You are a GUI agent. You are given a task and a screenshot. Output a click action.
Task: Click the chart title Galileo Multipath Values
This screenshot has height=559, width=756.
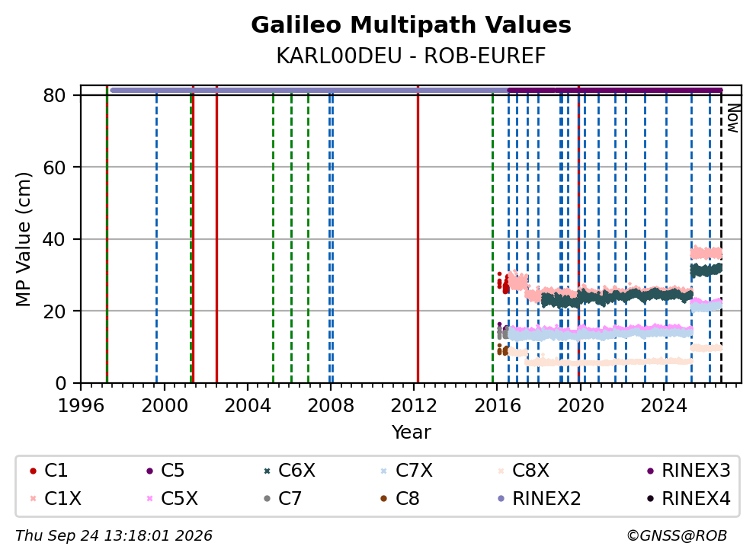[411, 25]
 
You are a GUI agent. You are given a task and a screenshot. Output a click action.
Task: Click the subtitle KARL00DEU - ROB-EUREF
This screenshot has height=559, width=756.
[411, 56]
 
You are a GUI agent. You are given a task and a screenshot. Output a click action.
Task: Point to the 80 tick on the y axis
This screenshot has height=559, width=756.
[54, 95]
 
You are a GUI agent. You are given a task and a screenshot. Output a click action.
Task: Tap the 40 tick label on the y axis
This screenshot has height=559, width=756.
[54, 239]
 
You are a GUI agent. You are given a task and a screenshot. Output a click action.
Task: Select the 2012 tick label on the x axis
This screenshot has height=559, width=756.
[414, 406]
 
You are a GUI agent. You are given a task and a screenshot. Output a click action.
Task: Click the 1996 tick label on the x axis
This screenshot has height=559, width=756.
[81, 406]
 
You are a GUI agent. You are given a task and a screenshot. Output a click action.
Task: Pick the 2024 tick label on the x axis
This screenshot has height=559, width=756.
[664, 406]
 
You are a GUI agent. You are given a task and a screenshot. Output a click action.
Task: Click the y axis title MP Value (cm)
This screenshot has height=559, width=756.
[23, 239]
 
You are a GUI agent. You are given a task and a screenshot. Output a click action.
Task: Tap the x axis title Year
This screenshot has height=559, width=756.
[411, 433]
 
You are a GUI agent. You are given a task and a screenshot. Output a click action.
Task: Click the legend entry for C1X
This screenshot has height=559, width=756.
[56, 498]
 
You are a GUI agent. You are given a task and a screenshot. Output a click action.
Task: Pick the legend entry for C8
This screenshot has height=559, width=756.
[400, 498]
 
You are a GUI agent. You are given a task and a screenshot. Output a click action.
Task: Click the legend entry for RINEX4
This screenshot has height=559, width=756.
[689, 498]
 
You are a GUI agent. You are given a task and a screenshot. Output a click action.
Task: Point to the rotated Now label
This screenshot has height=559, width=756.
[733, 119]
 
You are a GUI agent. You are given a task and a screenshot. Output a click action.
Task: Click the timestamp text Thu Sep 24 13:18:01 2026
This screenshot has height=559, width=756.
[114, 536]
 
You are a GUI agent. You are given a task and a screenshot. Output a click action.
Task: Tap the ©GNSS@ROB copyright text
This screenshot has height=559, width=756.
[677, 536]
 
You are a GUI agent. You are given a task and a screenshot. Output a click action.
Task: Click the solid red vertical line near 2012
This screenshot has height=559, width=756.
[418, 235]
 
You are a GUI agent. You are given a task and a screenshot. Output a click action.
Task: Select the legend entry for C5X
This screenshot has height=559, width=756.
[172, 498]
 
